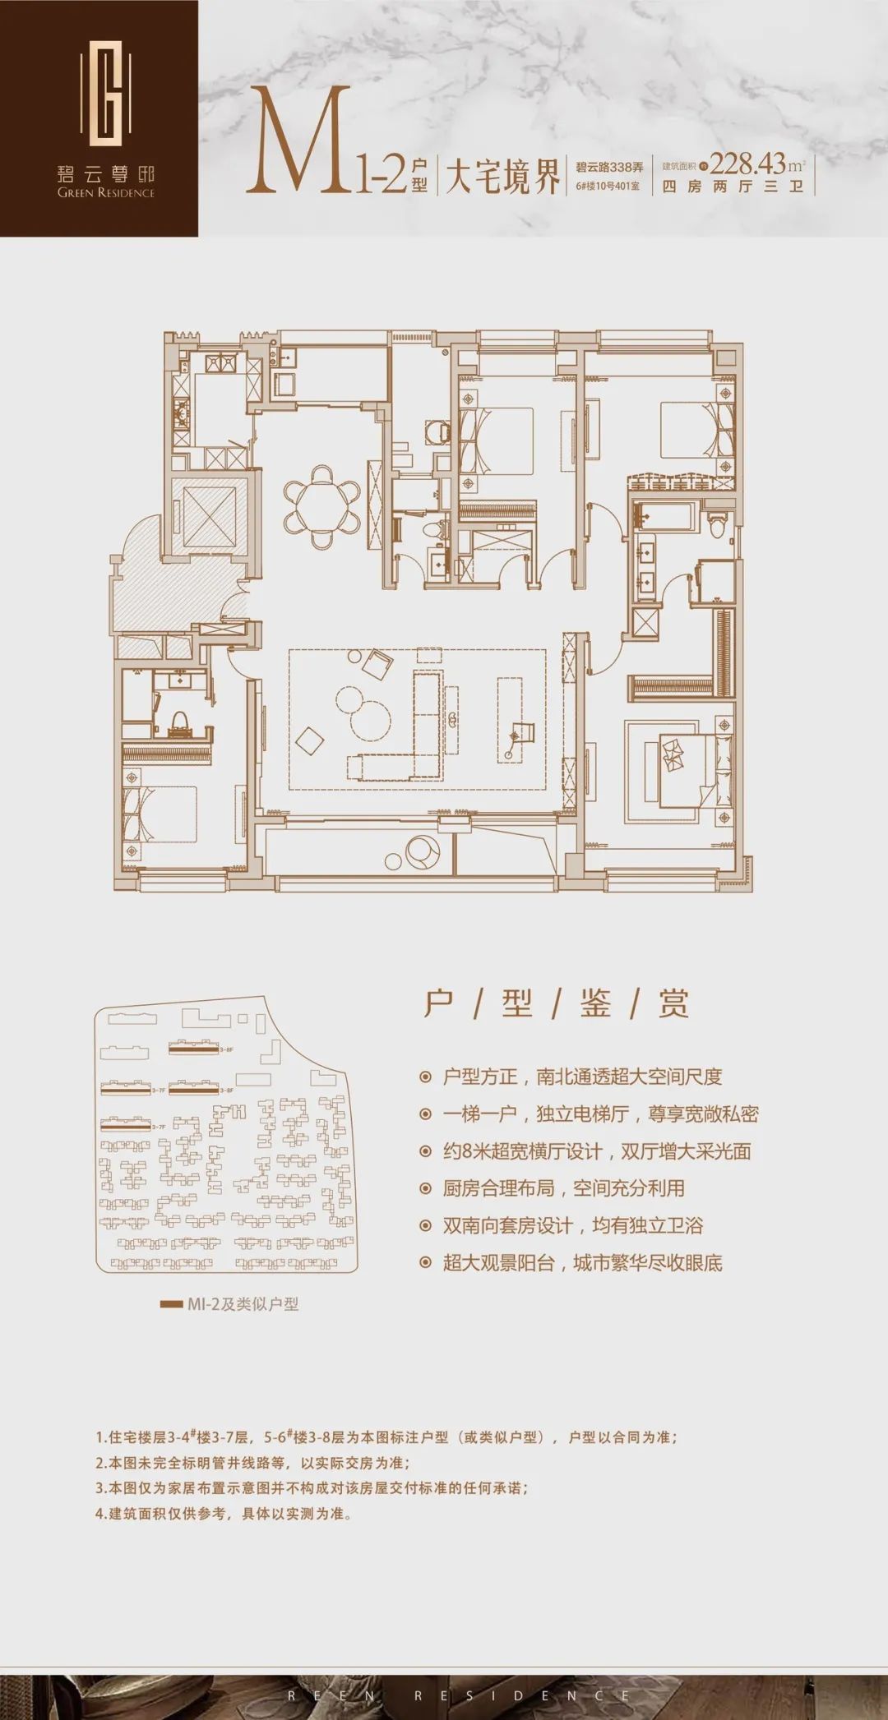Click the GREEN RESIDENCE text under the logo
[106, 193]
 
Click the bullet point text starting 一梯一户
[599, 1114]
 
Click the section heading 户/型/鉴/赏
[556, 1003]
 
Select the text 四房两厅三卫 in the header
[732, 187]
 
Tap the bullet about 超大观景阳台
[582, 1262]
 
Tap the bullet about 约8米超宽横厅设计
[596, 1151]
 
